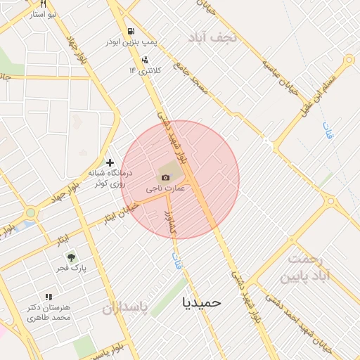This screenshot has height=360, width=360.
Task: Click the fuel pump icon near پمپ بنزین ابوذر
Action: click(131, 32)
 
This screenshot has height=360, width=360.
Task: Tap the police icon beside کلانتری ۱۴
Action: click(145, 60)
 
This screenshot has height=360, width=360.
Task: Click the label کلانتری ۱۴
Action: click(146, 70)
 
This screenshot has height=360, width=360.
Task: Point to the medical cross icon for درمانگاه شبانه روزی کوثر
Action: click(110, 162)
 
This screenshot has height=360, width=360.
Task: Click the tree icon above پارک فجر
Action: click(70, 257)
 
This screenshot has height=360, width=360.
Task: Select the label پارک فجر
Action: click(71, 269)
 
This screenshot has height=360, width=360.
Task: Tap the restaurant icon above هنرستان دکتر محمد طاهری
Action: click(49, 297)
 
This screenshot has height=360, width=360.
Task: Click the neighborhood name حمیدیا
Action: click(202, 302)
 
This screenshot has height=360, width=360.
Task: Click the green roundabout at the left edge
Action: click(31, 212)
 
